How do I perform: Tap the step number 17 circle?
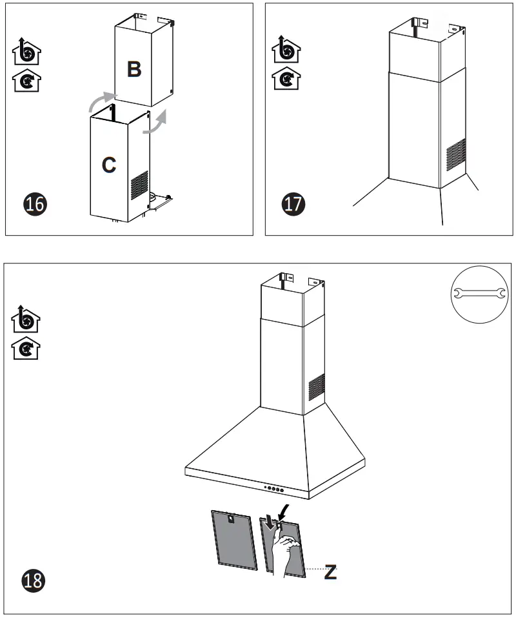pyautogui.click(x=294, y=204)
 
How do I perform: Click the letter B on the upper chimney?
pyautogui.click(x=134, y=69)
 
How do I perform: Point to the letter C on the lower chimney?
pyautogui.click(x=109, y=165)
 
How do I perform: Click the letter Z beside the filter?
pyautogui.click(x=330, y=571)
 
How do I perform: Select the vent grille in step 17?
pyautogui.click(x=456, y=154)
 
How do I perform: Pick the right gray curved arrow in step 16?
pyautogui.click(x=155, y=123)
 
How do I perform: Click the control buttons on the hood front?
pyautogui.click(x=273, y=488)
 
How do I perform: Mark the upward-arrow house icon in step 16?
pyautogui.click(x=26, y=52)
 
